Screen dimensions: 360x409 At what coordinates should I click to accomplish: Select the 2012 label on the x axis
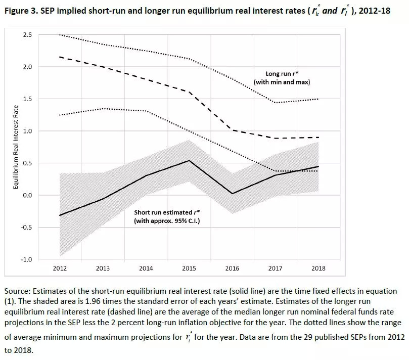[60, 268]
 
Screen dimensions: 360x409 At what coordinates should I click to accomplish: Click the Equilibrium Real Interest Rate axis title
[17, 147]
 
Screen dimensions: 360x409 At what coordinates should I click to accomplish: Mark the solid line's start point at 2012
[60, 215]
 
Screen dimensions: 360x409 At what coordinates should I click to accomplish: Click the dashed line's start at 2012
[60, 57]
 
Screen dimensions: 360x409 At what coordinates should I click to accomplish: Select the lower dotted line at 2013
[104, 109]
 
